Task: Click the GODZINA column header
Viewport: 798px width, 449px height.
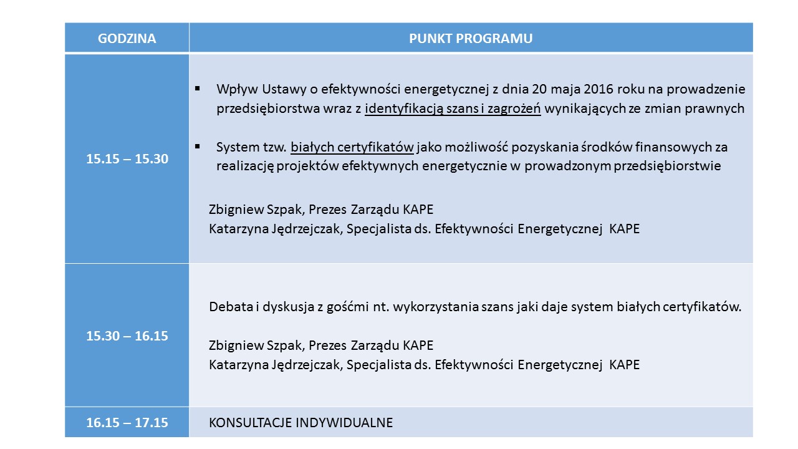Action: click(x=127, y=39)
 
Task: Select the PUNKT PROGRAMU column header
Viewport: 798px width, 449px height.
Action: click(x=471, y=39)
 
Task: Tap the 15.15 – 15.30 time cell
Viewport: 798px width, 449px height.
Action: click(x=127, y=159)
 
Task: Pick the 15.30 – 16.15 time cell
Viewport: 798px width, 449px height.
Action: click(x=127, y=336)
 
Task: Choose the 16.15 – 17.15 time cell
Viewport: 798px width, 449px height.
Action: click(x=127, y=422)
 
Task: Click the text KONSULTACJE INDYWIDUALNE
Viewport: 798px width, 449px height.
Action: click(x=300, y=422)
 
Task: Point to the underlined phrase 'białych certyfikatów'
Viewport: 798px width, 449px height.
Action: click(x=352, y=148)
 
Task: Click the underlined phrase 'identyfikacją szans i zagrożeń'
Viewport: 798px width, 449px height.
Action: click(x=454, y=109)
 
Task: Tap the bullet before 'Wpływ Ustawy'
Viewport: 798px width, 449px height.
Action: click(x=198, y=89)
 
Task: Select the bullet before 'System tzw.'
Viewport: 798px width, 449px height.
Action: click(x=198, y=147)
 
